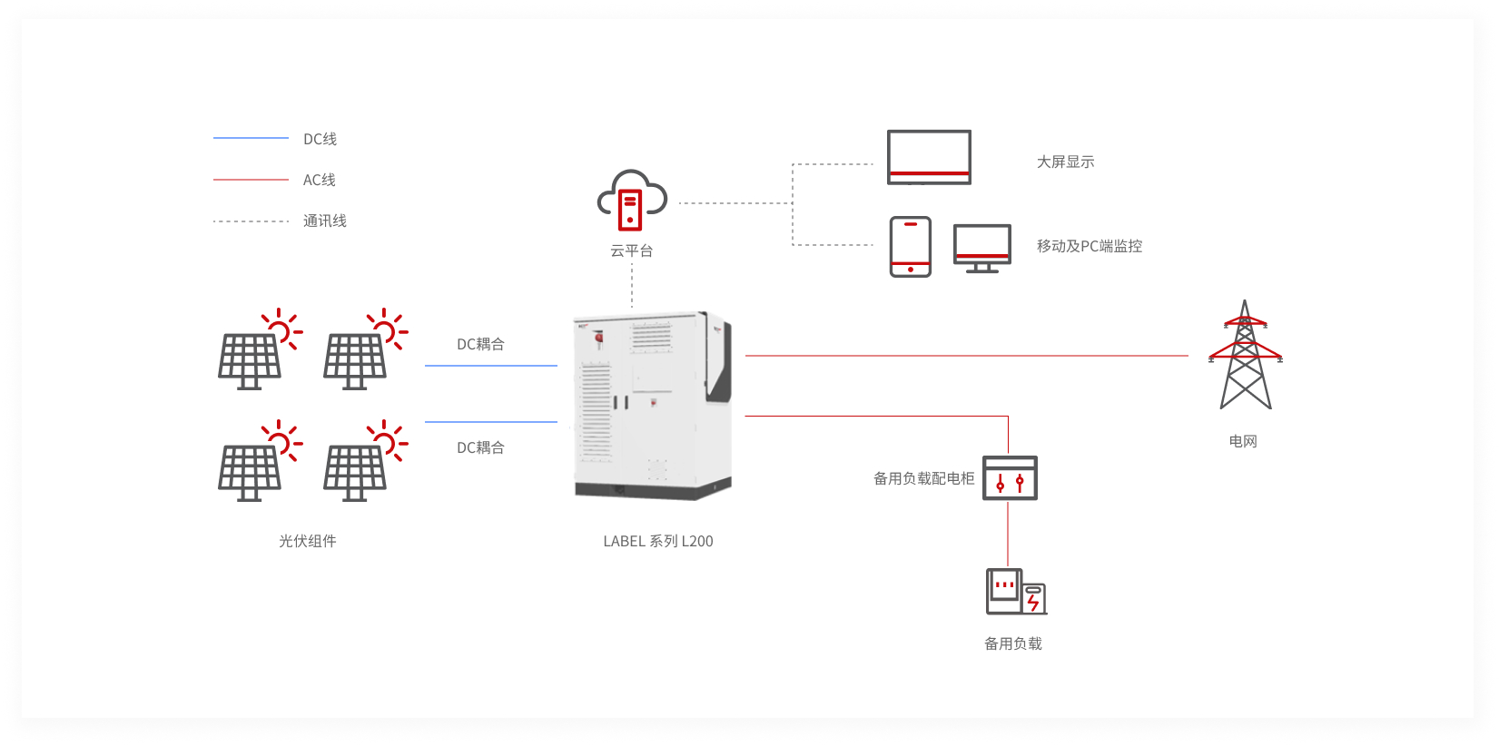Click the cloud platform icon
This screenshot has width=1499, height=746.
(632, 201)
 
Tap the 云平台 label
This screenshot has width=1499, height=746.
(632, 250)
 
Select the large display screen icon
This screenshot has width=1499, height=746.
(929, 157)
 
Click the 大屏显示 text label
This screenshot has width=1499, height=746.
(1065, 162)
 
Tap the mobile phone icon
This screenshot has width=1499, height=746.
(910, 246)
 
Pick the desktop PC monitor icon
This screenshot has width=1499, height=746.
(981, 249)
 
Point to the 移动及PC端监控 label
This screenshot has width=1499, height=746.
(1090, 246)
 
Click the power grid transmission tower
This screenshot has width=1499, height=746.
(1245, 355)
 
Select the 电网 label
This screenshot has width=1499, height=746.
(1243, 442)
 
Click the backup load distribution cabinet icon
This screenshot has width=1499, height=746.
(1010, 477)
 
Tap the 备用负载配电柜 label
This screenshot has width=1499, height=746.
(923, 478)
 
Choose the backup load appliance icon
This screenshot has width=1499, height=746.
(1016, 592)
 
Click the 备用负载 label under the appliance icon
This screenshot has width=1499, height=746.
(1013, 643)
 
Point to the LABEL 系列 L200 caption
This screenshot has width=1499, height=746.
(658, 541)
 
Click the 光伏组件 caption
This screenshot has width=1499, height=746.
(308, 541)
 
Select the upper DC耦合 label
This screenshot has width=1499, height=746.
(480, 345)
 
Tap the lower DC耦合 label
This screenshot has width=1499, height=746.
(480, 447)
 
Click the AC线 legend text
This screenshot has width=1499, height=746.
(320, 180)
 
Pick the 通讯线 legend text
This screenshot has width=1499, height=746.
(324, 221)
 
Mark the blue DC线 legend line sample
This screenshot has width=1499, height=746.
(251, 138)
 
